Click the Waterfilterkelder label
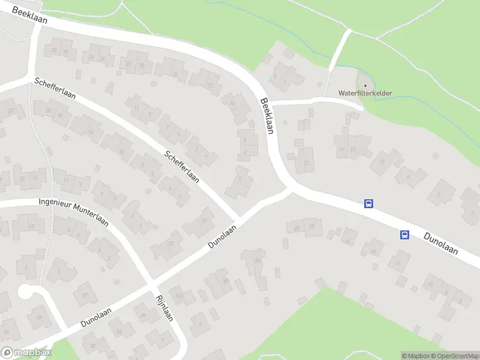[x=365, y=93]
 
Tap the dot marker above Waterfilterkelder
[x=365, y=85]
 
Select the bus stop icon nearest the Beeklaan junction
[x=369, y=204]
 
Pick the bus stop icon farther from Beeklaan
[x=404, y=235]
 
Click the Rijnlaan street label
[x=164, y=308]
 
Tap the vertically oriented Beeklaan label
[x=266, y=115]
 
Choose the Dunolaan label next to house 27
[x=223, y=236]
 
